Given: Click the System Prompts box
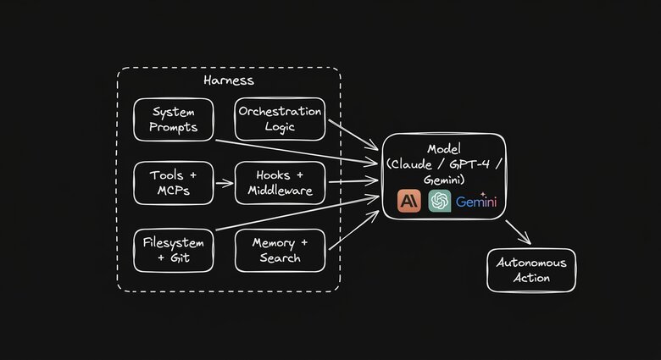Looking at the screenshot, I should point(174,119).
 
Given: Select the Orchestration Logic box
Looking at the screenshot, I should point(280,119).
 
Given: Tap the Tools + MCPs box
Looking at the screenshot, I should point(174,183).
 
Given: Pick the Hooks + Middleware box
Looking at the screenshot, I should point(280,183).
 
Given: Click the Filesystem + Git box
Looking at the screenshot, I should point(174,250).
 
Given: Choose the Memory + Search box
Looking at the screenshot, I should point(280,250).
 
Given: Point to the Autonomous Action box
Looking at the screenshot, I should point(531,270).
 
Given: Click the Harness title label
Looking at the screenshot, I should point(229,80).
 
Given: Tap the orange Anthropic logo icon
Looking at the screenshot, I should point(410,201).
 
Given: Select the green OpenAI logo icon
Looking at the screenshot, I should point(440,201).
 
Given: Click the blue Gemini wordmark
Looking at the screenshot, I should point(476,202).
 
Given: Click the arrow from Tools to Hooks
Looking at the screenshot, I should point(224,182).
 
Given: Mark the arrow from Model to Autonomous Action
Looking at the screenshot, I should point(518,231).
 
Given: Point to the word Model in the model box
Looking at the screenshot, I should point(445,148).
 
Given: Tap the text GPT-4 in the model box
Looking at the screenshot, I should point(469,163).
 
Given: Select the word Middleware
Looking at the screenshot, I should point(280,191).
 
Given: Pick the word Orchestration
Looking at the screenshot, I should point(280,112).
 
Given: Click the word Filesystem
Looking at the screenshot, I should point(174,242).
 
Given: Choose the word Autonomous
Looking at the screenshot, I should point(531,263).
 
